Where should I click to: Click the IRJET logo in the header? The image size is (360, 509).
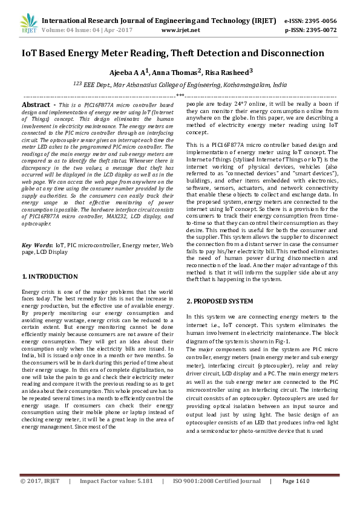pyautogui.click(x=26, y=22)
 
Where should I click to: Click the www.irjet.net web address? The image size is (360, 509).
pyautogui.click(x=181, y=29)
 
